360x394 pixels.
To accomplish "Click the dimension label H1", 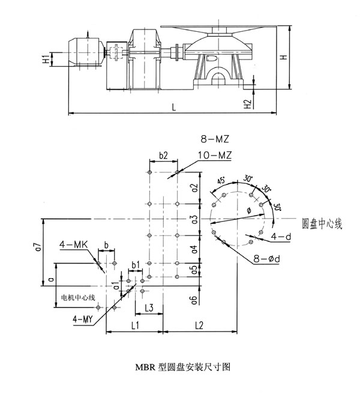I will pos(46,59).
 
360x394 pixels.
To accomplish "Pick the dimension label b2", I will pos(163,156).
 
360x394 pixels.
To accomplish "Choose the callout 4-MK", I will pos(74,245).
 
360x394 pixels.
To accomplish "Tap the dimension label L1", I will pos(135,325).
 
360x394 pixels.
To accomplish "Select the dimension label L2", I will pos(201,325).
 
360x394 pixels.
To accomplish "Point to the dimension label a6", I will pos(193,299).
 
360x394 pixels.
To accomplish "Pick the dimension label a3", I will pos(193,219).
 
